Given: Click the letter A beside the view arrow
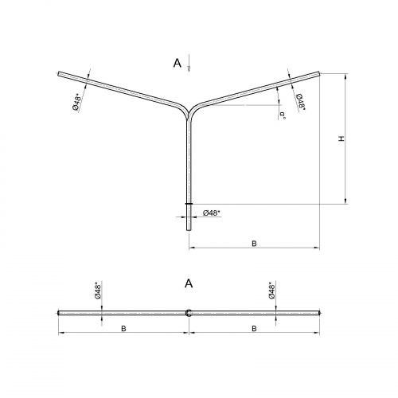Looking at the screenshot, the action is click(178, 63).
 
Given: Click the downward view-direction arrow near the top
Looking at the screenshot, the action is click(189, 63).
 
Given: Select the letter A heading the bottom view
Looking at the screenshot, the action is click(189, 283).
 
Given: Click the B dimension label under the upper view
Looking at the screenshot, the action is click(254, 244).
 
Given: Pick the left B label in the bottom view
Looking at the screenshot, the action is click(123, 329).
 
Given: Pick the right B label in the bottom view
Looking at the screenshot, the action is click(254, 329).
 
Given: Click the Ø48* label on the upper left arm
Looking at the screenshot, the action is click(77, 102).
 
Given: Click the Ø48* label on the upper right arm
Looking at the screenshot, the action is click(300, 101).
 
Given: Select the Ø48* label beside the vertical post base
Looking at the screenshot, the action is click(212, 213).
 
